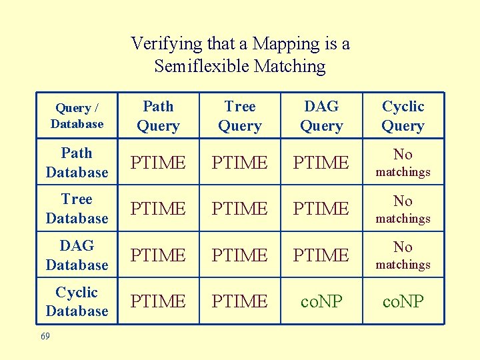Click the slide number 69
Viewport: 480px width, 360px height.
[45, 337]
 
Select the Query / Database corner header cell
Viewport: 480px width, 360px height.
[77, 115]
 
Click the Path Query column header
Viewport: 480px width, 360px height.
[158, 115]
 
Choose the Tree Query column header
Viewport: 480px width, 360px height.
[239, 115]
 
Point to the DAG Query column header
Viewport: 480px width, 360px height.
[321, 115]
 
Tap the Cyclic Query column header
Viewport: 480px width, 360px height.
[403, 115]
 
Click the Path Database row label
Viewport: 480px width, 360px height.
[77, 162]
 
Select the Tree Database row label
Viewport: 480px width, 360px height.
[77, 209]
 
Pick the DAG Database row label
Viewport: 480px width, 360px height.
[77, 255]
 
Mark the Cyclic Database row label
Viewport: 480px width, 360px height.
[77, 301]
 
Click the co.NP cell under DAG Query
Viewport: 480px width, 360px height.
[321, 301]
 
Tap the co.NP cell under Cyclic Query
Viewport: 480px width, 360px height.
[403, 301]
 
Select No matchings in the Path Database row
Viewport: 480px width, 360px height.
[403, 163]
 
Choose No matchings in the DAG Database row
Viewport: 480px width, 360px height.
[403, 255]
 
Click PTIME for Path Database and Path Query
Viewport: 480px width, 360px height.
[158, 163]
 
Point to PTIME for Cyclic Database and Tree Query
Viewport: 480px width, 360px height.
[239, 301]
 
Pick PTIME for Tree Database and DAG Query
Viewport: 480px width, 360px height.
[321, 209]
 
